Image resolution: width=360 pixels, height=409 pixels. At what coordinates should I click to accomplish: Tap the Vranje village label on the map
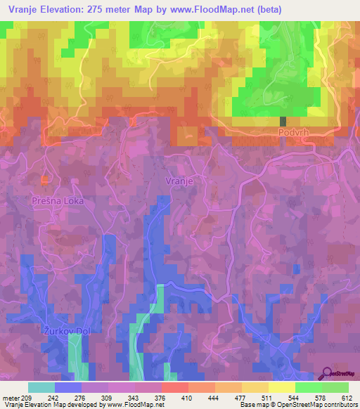point(179,181)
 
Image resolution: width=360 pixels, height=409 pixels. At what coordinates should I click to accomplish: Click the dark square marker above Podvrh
point(283,121)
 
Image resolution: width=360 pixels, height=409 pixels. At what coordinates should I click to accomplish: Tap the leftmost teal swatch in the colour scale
point(41,387)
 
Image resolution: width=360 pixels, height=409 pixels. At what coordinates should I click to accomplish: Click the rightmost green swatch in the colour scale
point(335,387)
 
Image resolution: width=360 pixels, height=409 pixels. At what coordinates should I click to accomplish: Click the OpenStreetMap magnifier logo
point(328,374)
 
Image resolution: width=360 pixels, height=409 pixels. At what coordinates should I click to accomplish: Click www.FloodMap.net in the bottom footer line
point(136,405)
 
